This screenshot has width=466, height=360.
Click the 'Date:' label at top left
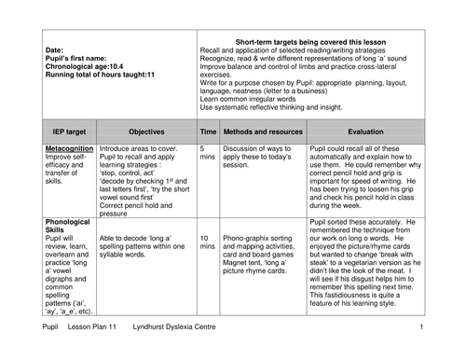tap(54, 50)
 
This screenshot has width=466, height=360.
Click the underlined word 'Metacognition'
tap(69, 148)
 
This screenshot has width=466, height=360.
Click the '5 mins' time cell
tap(207, 153)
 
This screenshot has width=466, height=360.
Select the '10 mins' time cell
tap(207, 242)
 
